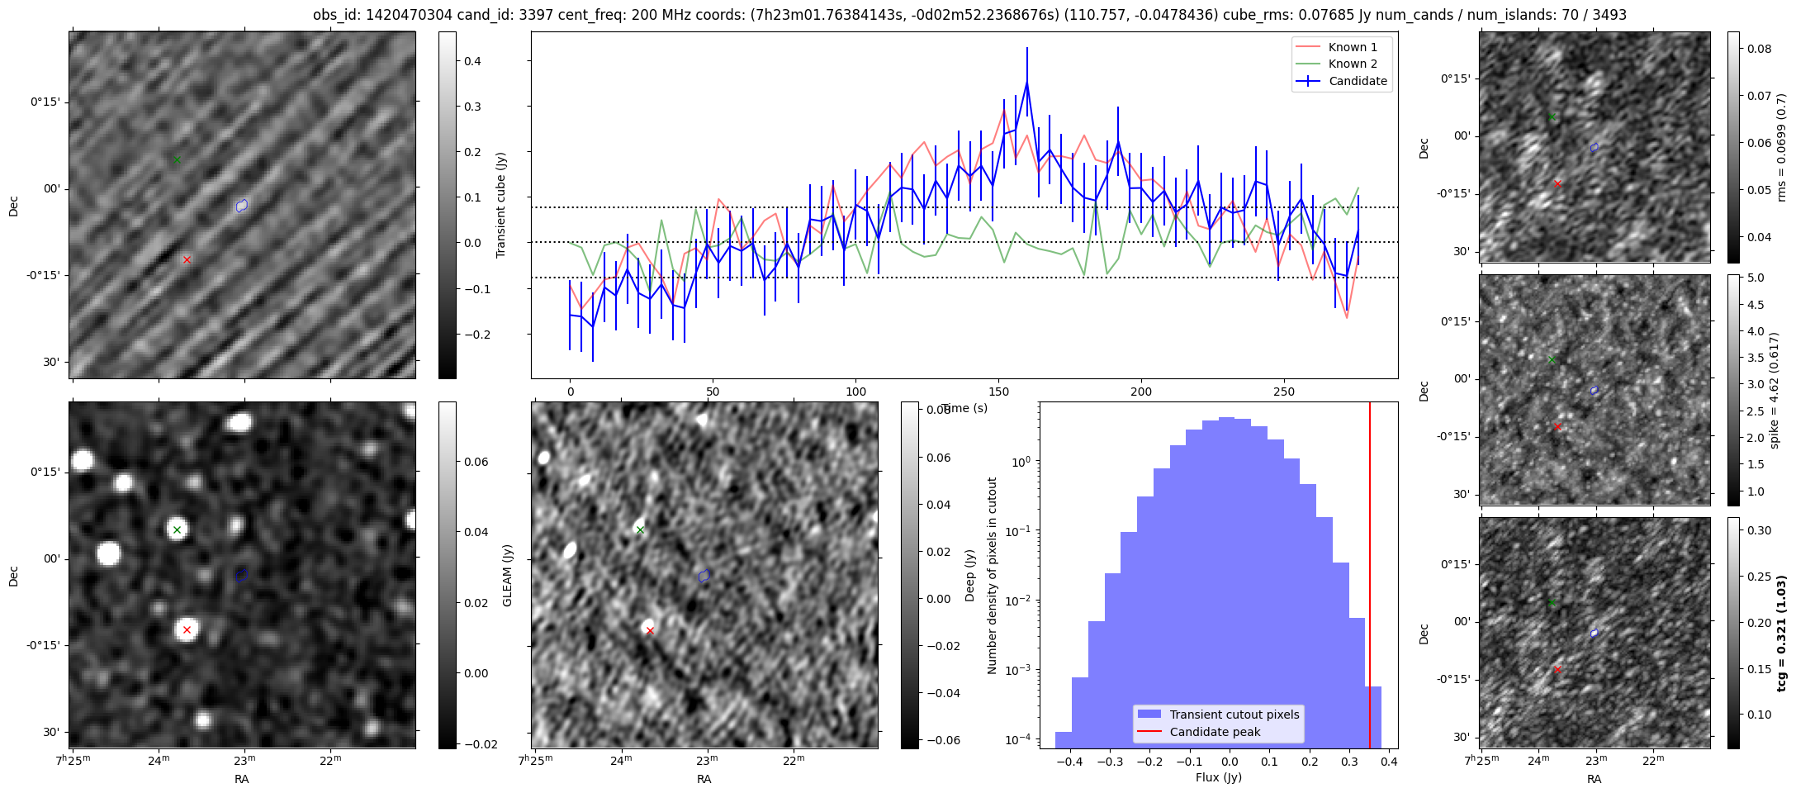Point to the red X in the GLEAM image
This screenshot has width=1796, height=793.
point(187,630)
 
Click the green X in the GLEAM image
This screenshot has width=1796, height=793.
point(177,529)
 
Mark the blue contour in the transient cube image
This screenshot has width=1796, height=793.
point(241,206)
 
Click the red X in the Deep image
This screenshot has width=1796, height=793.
point(650,631)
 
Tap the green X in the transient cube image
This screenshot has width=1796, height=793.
point(177,159)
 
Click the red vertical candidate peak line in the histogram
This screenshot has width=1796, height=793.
point(1369,578)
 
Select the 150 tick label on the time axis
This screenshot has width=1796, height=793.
point(998,392)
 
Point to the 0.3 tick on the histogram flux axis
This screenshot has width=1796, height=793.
point(1349,761)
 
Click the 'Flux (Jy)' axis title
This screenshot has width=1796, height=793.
point(1218,777)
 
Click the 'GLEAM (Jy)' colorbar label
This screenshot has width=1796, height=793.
point(507,575)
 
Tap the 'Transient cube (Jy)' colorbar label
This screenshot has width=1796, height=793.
point(500,205)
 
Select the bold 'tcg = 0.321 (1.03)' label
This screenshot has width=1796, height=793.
point(1781,633)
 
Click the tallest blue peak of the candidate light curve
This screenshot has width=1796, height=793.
point(1026,82)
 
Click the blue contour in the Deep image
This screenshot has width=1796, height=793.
point(704,576)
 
